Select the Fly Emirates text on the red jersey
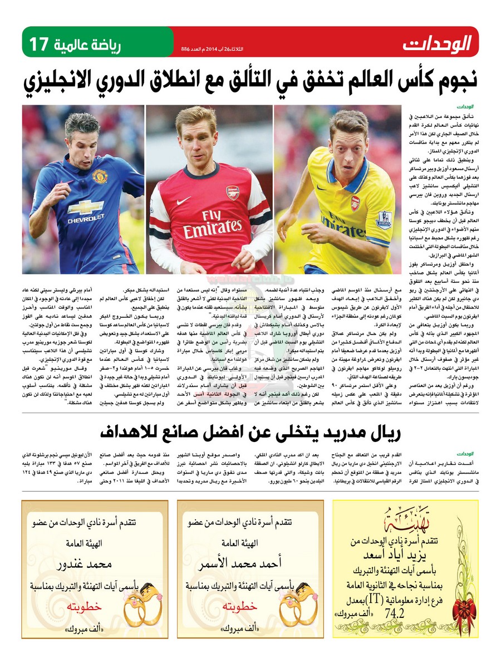pos(213,224)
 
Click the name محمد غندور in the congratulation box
pos(87,564)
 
